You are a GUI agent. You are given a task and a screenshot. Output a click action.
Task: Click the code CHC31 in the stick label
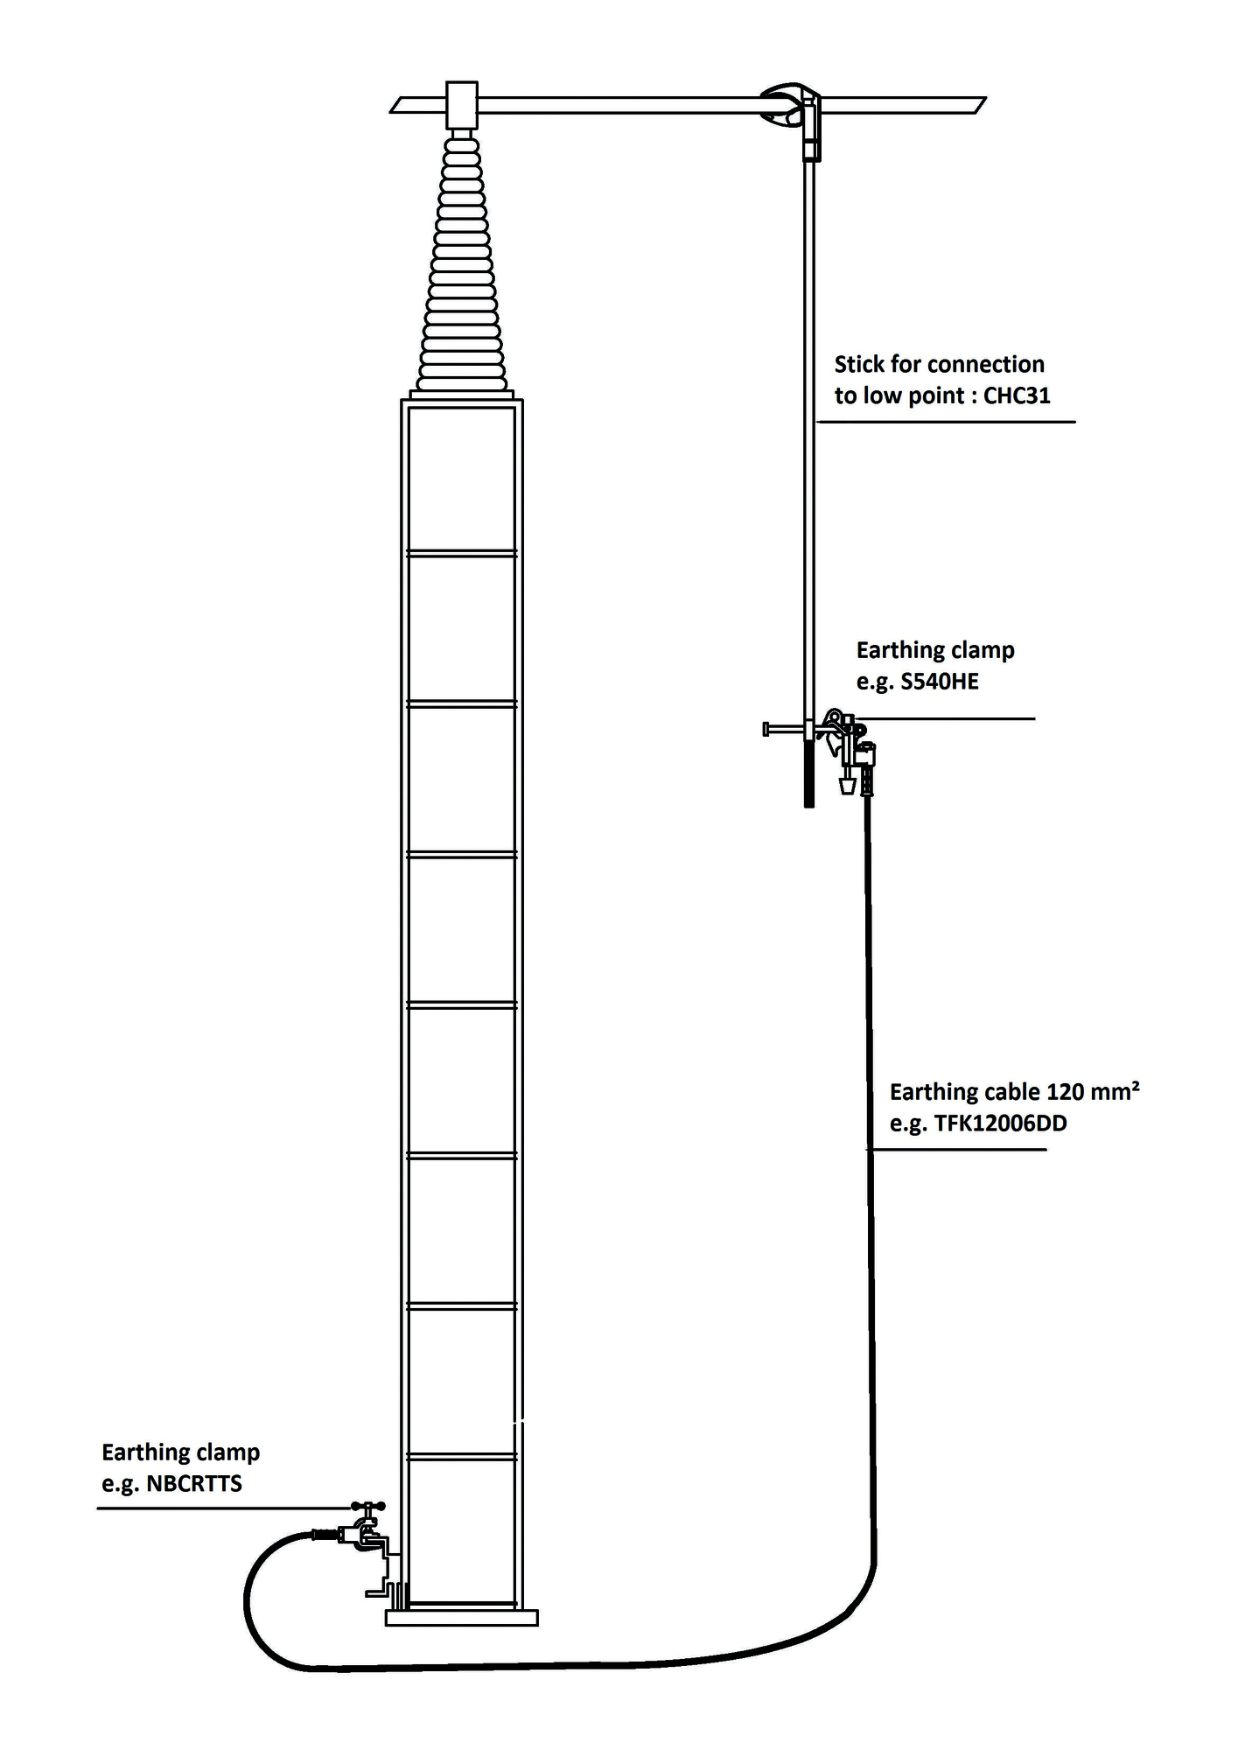tap(1017, 395)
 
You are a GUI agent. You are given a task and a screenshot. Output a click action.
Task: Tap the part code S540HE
tap(940, 682)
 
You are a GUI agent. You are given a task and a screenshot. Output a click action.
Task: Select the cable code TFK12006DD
tap(1001, 1123)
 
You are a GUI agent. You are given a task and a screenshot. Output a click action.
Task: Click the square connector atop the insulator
tap(462, 105)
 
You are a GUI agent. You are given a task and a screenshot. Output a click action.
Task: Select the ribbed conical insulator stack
tap(462, 262)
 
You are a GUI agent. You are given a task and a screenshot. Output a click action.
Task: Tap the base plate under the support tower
tap(462, 1618)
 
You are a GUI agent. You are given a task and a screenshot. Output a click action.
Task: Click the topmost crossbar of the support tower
tap(462, 553)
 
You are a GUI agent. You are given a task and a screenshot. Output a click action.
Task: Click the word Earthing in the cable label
tap(931, 1093)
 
